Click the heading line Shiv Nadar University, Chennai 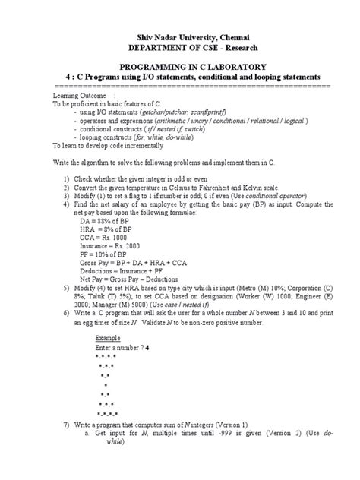181,35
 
